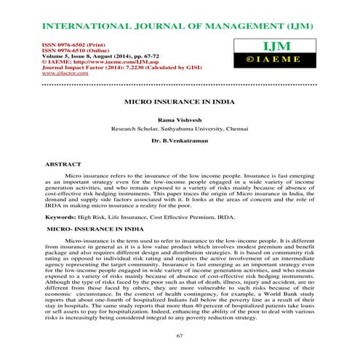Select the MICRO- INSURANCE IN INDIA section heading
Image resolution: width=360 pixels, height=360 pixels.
[94, 228]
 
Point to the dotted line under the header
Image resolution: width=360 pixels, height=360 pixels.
[180, 82]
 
